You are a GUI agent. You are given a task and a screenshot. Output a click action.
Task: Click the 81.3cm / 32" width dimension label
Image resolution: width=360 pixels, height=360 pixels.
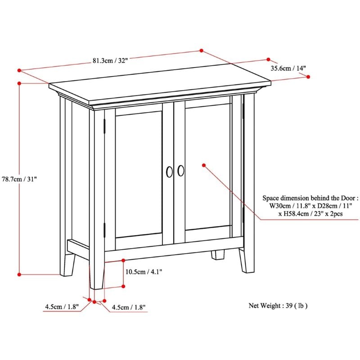(x=110, y=61)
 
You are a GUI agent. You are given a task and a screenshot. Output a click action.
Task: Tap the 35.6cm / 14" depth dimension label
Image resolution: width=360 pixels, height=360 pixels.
(x=288, y=68)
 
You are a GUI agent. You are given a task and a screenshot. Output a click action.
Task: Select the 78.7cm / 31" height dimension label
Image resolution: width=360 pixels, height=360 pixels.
(x=19, y=179)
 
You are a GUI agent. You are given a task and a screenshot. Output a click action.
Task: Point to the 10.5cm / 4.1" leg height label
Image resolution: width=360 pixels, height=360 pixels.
(x=144, y=272)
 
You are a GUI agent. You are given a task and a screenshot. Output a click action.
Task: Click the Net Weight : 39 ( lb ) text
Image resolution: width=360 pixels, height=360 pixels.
(x=278, y=306)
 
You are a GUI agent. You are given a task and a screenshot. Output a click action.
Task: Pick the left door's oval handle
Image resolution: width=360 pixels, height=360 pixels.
(x=170, y=172)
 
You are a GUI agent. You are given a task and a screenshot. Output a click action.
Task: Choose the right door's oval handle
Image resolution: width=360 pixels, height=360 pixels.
(x=181, y=171)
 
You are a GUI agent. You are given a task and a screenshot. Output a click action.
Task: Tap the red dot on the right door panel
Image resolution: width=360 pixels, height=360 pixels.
(x=204, y=165)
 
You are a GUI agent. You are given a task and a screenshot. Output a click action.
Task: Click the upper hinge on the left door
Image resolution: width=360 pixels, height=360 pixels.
(x=104, y=126)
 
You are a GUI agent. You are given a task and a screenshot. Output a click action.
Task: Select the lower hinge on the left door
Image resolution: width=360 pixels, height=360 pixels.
(x=104, y=230)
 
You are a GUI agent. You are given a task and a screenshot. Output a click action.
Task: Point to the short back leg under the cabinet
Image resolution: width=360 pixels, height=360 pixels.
(x=218, y=255)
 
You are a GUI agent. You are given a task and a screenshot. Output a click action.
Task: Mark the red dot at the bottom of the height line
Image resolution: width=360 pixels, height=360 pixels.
(x=19, y=274)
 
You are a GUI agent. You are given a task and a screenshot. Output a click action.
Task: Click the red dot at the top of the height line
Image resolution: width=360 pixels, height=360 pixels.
(x=19, y=83)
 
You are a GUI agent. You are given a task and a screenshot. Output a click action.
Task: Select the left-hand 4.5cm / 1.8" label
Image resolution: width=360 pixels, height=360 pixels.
(x=62, y=306)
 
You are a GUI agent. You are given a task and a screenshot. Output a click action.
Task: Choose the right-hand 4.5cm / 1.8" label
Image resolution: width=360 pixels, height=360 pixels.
(x=129, y=307)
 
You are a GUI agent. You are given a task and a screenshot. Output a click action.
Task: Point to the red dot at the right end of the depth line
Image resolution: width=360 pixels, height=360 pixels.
(x=308, y=76)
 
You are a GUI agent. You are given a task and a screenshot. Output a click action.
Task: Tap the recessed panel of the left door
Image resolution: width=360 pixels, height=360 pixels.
(x=139, y=175)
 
